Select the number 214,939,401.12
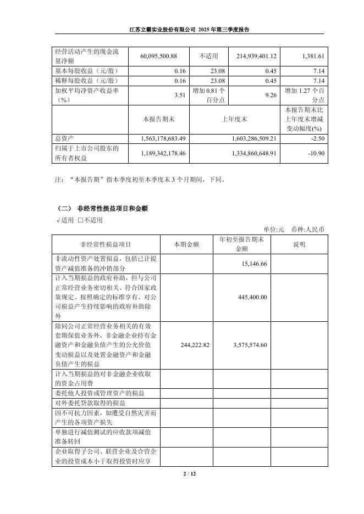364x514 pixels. click(x=251, y=56)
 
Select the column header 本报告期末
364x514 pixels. click(x=157, y=118)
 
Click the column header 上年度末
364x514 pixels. click(x=234, y=118)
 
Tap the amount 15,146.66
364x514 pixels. click(x=254, y=264)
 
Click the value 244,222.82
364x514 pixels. click(x=195, y=345)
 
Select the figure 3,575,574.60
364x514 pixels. click(x=250, y=345)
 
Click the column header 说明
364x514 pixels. click(x=299, y=244)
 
